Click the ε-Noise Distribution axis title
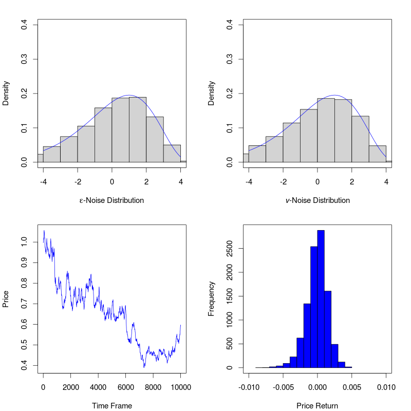click(111, 200)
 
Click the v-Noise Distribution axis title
click(317, 200)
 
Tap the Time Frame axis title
click(111, 406)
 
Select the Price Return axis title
click(317, 406)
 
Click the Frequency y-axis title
click(211, 299)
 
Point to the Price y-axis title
click(6, 299)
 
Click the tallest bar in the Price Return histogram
click(321, 299)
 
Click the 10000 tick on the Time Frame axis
click(180, 387)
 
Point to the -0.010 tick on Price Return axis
click(249, 387)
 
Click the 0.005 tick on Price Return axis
click(352, 387)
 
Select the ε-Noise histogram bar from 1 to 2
click(138, 129)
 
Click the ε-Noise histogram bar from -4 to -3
click(52, 154)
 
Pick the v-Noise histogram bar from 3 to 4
click(378, 154)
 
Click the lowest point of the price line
click(144, 367)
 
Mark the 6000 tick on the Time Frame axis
click(125, 387)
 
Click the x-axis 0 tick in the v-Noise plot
click(317, 181)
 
